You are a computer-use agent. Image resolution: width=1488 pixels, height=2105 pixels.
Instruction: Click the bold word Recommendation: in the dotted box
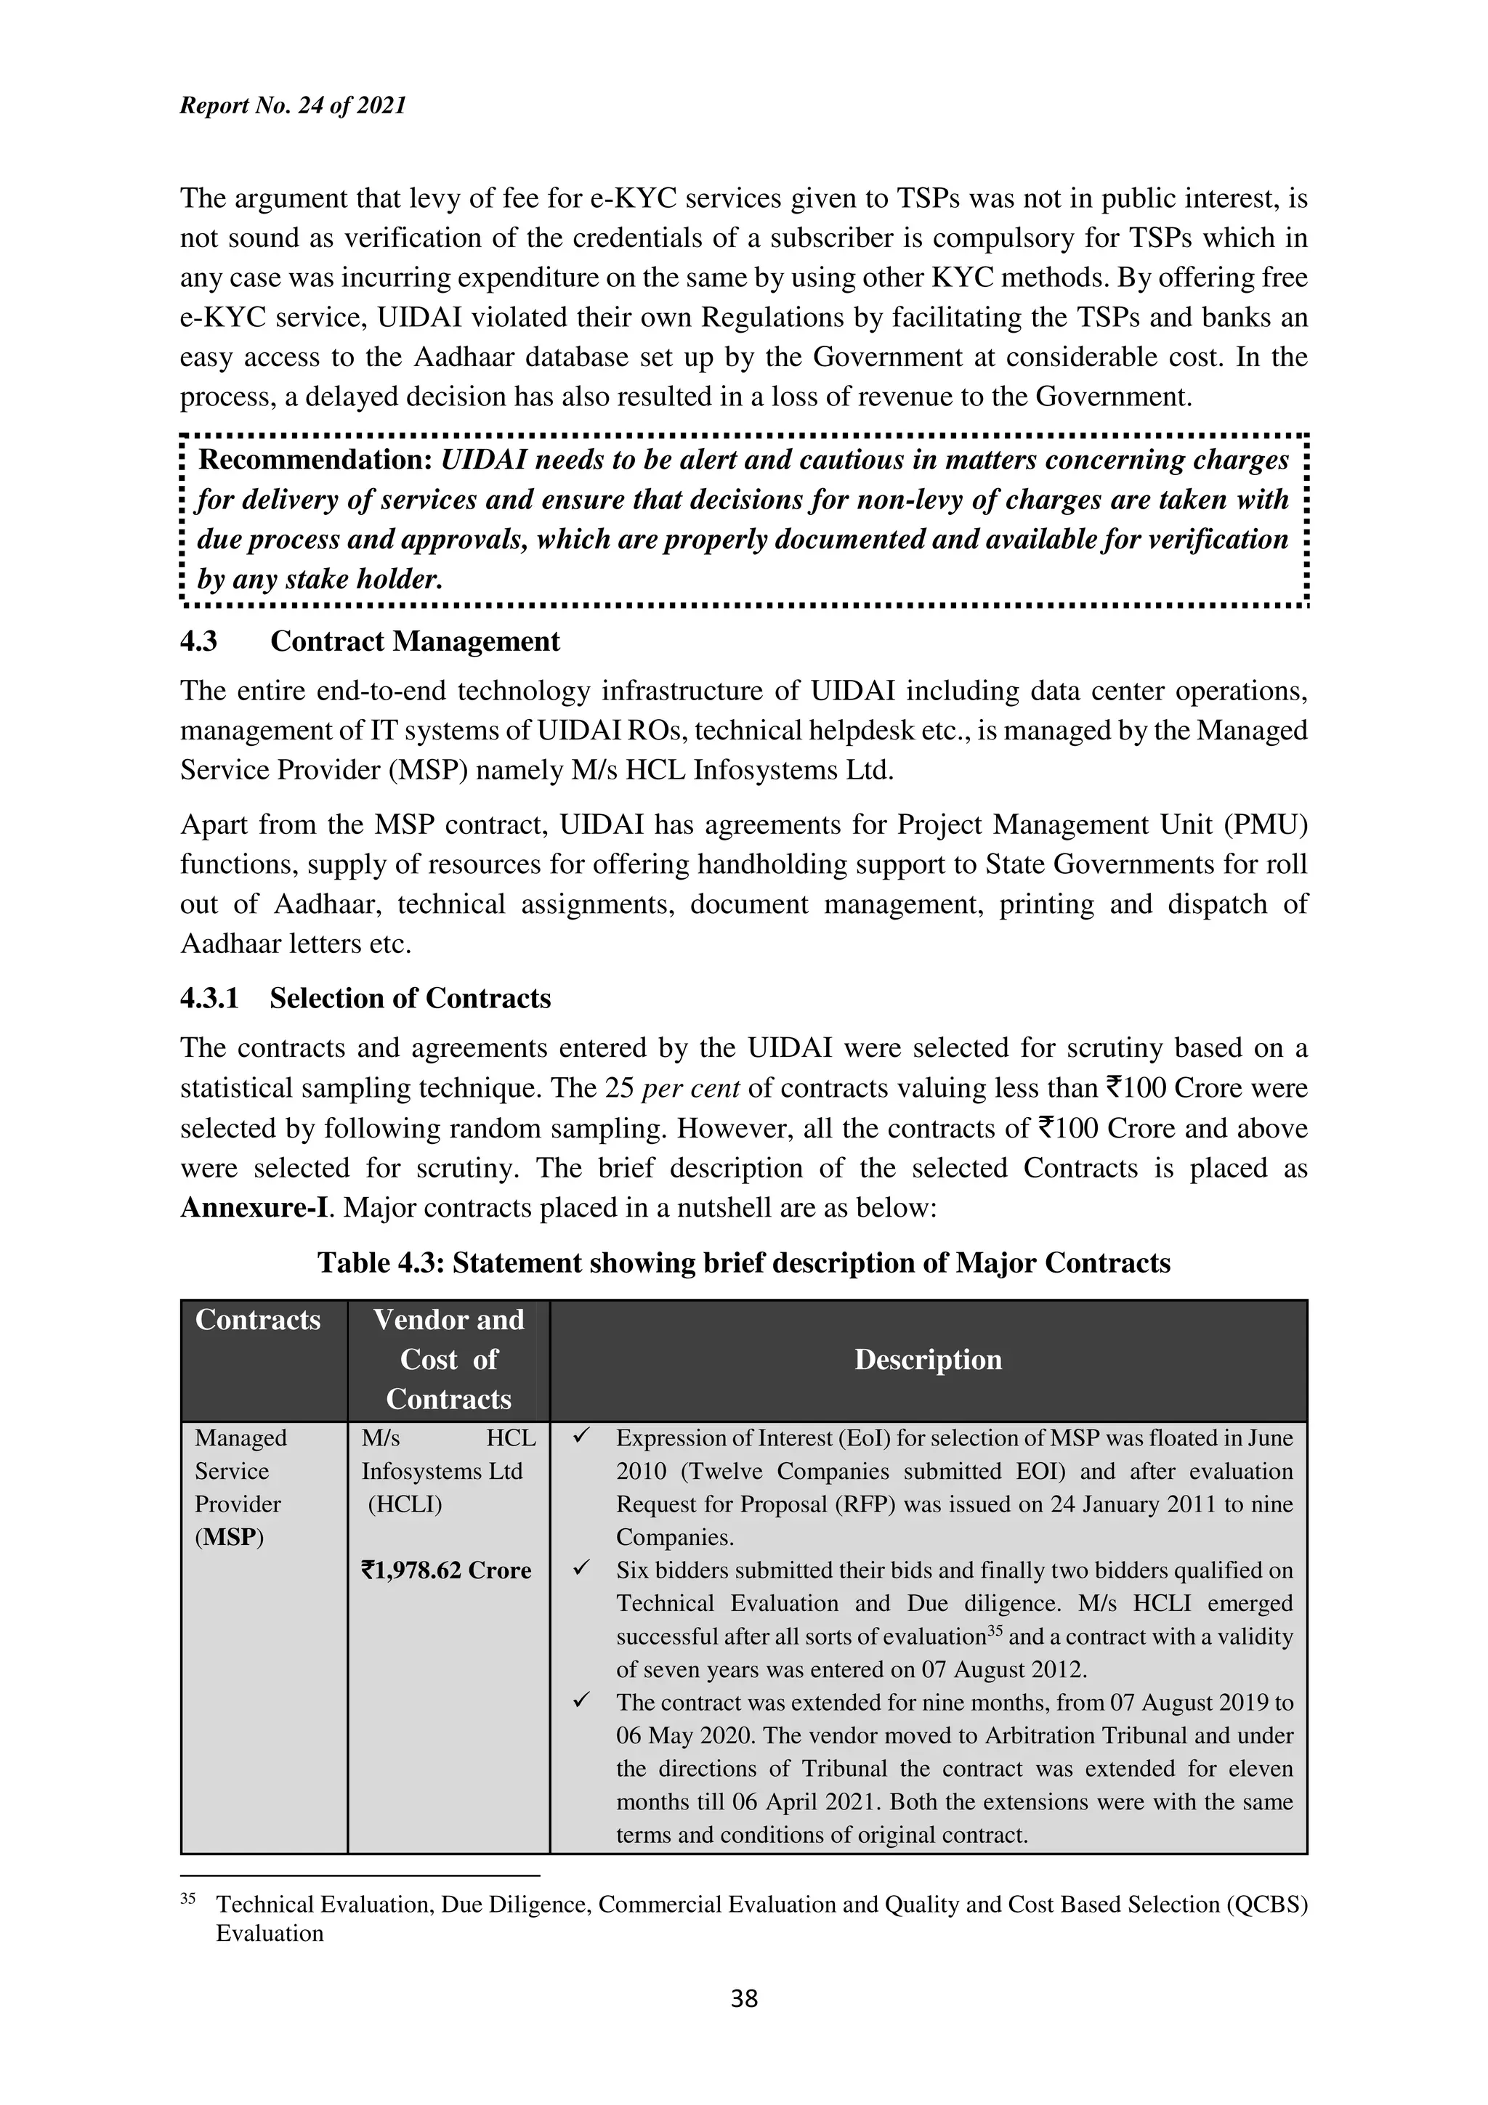pyautogui.click(x=315, y=461)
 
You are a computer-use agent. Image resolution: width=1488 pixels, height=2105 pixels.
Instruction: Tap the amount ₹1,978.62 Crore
pyautogui.click(x=447, y=1570)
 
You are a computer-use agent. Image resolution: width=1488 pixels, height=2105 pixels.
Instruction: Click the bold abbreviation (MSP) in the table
pyautogui.click(x=229, y=1538)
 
